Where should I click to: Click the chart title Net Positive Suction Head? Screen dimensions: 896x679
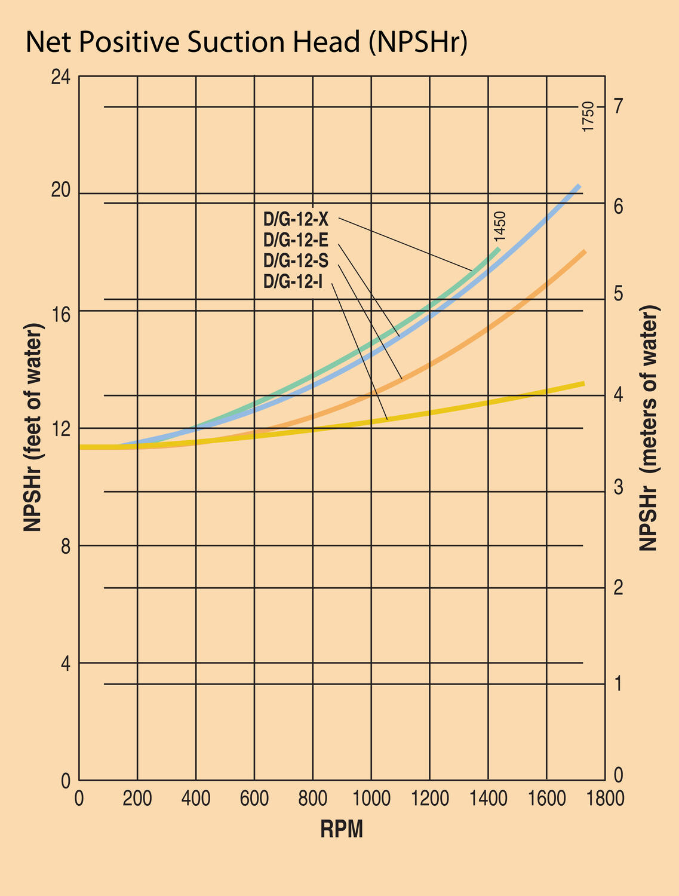click(x=246, y=43)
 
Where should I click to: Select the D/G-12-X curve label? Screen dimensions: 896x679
click(x=296, y=219)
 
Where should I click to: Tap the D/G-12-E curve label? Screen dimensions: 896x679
click(x=296, y=240)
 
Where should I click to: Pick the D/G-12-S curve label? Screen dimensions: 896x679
click(x=296, y=260)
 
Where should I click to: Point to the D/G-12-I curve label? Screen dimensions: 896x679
click(x=293, y=281)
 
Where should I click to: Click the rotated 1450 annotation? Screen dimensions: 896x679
click(x=500, y=227)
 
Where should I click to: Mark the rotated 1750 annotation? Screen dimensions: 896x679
click(x=588, y=117)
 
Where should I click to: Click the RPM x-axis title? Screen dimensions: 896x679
click(x=342, y=830)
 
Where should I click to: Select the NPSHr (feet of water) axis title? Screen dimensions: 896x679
click(x=34, y=427)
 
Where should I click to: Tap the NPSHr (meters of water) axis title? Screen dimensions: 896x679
click(x=649, y=427)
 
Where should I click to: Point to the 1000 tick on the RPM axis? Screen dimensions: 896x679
click(x=371, y=799)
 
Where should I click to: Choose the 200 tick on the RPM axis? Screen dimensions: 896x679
click(x=137, y=799)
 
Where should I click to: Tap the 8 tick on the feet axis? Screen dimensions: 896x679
click(x=66, y=545)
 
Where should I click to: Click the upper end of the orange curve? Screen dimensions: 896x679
click(x=584, y=253)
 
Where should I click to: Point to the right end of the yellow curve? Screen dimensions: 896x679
click(x=583, y=383)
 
